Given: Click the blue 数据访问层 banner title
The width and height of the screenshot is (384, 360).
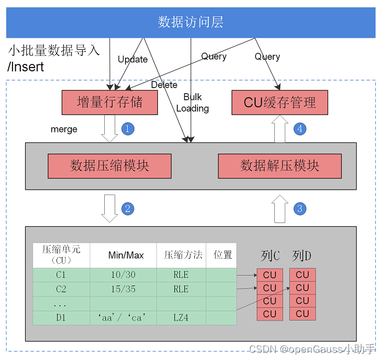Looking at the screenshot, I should tap(190, 22).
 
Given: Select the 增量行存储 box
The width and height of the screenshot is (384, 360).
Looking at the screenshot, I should tap(110, 102).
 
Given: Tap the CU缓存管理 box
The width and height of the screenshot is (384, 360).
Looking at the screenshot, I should tap(280, 102).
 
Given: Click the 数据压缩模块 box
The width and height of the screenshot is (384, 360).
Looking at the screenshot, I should tap(110, 165).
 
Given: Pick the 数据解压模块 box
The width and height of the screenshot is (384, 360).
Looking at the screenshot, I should tap(280, 165).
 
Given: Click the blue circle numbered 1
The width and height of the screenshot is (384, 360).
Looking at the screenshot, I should tap(127, 129).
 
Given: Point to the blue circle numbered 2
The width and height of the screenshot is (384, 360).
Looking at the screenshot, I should tap(127, 208).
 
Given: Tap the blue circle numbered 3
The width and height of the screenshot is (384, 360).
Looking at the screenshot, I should tap(300, 208).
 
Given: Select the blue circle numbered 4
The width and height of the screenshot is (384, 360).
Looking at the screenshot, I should tap(300, 129).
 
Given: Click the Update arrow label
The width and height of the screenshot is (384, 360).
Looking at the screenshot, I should tap(133, 59).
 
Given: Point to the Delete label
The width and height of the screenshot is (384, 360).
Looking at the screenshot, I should tap(164, 85).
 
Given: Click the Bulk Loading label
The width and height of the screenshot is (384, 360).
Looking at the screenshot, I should tap(193, 103).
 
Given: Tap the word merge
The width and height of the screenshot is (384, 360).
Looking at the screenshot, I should tap(64, 129).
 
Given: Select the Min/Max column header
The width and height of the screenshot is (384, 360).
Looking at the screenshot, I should tap(126, 255).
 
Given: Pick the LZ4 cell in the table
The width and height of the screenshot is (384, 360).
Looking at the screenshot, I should tap(180, 318).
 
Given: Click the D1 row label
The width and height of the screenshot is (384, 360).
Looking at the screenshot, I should tap(60, 318).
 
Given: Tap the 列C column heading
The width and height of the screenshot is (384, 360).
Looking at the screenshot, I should tap(270, 255).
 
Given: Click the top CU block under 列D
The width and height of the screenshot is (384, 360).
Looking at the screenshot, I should tap(302, 275).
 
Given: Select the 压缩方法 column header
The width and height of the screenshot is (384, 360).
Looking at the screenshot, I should tap(183, 255).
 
